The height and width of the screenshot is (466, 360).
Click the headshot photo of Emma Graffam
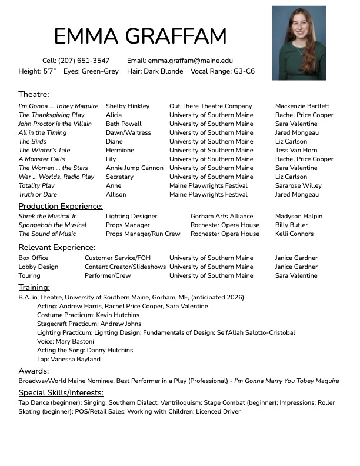coord(298,42)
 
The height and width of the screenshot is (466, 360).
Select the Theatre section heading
coord(34,94)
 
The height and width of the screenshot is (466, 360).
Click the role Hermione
coord(121,150)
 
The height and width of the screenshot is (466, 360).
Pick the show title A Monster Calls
coord(42,159)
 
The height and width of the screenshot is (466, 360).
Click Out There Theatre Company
coord(211,106)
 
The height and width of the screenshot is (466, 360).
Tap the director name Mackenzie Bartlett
coord(302,106)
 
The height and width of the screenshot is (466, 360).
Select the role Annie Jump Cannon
coord(135,168)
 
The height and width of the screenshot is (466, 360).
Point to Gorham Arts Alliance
coord(222,216)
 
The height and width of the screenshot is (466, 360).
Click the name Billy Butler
coord(291,225)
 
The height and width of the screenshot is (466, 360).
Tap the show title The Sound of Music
coord(47,234)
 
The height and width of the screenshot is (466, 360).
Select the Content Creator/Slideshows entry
coord(125,267)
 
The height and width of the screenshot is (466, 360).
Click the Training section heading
coord(34,287)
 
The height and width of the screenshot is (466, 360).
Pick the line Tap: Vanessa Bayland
coord(68,359)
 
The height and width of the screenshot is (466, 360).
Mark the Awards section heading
coord(34,371)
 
